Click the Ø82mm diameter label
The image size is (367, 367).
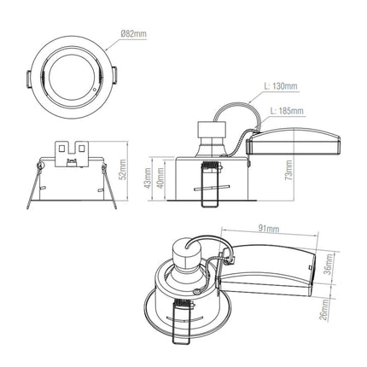(x=133, y=34)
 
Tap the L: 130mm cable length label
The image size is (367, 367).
(x=281, y=85)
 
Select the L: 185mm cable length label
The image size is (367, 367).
(x=287, y=110)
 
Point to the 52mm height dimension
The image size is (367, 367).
(x=123, y=170)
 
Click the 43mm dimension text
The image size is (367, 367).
(x=148, y=178)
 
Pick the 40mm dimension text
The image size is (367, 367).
(x=160, y=178)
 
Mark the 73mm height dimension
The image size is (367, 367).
(x=288, y=171)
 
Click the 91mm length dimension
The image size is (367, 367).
(x=269, y=228)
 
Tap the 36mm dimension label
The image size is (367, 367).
(x=329, y=264)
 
